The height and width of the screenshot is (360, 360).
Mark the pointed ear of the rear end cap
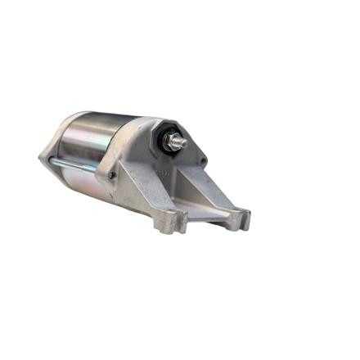tap(43, 157)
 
